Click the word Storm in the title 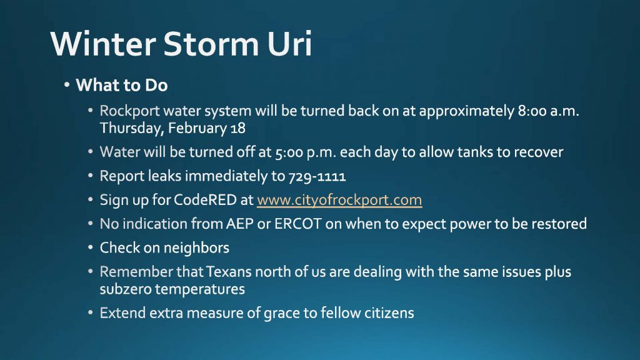(211, 43)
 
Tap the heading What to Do (122, 85)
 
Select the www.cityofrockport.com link (339, 200)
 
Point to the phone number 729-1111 (317, 176)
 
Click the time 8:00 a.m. (548, 111)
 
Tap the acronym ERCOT (298, 224)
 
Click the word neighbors (196, 247)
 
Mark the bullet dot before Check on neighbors (91, 247)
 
